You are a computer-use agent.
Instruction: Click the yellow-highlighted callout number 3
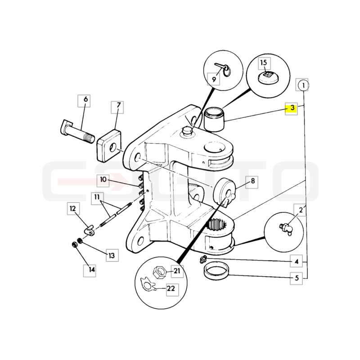[291, 108]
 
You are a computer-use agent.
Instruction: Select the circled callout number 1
[303, 85]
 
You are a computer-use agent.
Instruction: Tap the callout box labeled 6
[84, 101]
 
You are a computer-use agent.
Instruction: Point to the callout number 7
[117, 107]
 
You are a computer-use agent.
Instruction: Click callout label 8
[252, 182]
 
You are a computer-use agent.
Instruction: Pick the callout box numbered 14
[90, 270]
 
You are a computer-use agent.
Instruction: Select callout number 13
[112, 255]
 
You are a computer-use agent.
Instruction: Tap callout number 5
[296, 279]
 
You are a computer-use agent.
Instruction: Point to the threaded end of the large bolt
[89, 139]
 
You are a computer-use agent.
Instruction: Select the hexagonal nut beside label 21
[159, 272]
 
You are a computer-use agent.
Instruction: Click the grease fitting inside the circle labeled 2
[286, 229]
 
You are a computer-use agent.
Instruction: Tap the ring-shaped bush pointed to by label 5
[216, 272]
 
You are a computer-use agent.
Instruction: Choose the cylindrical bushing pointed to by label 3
[214, 120]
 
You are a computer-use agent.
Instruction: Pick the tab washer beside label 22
[147, 284]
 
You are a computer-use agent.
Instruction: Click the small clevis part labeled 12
[89, 231]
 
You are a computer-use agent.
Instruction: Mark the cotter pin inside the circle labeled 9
[224, 70]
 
